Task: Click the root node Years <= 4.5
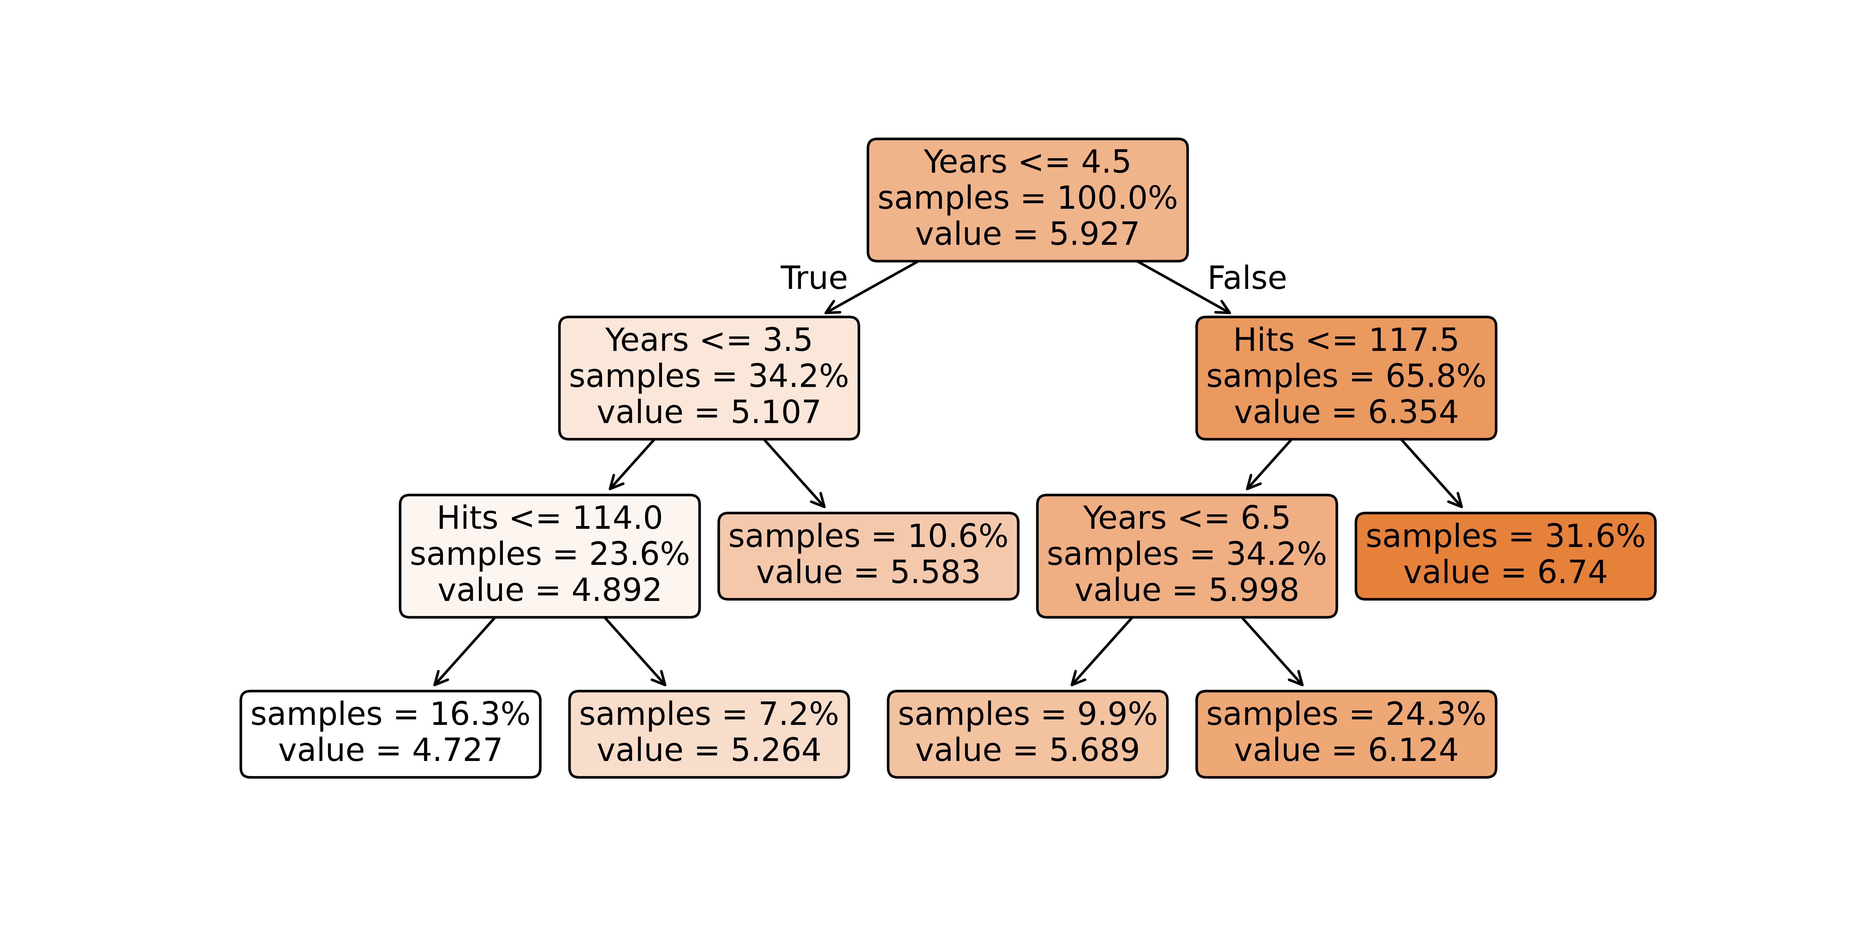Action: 1027,200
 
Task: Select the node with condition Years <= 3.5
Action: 709,378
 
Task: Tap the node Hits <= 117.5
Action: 1346,378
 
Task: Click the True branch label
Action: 814,278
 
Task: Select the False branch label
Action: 1247,278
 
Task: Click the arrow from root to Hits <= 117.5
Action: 1184,287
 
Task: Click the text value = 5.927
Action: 1027,234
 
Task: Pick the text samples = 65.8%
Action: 1346,376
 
